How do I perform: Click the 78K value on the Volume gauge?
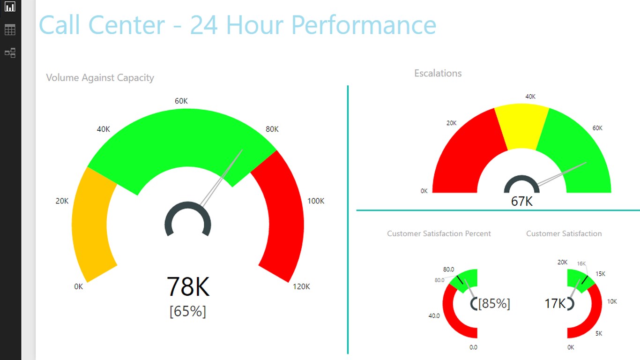[x=188, y=286]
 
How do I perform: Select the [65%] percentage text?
[x=188, y=311]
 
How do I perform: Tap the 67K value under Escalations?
[x=521, y=201]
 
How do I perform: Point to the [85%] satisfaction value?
[x=494, y=303]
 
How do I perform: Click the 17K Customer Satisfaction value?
[x=555, y=303]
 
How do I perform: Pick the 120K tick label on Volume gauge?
[x=301, y=286]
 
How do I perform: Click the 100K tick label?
[x=315, y=201]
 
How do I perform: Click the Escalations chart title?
[x=438, y=73]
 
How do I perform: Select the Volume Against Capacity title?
[x=100, y=78]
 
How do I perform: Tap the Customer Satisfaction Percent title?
[x=439, y=233]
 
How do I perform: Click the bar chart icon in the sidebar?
[x=10, y=7]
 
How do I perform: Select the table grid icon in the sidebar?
[x=10, y=30]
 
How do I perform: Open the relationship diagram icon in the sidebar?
[x=10, y=52]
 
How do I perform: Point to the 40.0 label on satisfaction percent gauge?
[x=434, y=315]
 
